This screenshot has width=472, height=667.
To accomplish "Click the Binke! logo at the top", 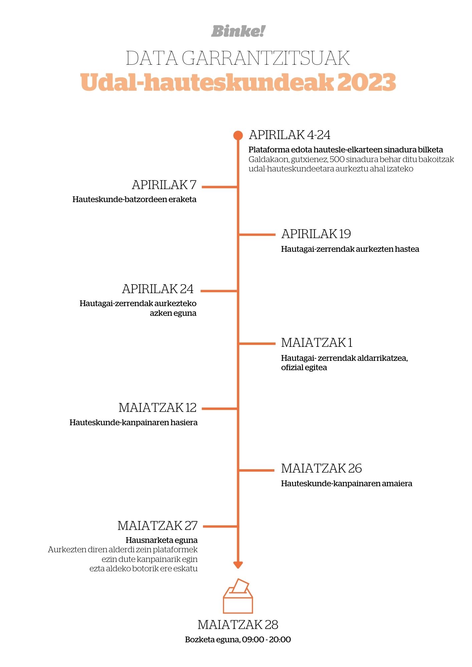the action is (238, 31).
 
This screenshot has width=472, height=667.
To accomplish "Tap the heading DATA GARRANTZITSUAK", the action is (238, 58).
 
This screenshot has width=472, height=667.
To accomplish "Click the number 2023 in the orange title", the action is (367, 82).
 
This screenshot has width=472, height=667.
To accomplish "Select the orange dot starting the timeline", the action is (238, 135).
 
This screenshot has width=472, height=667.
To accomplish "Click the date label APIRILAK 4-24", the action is (289, 135).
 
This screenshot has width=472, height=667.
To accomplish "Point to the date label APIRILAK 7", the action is (164, 185).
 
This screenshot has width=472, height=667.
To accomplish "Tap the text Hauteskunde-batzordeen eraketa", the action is (135, 199).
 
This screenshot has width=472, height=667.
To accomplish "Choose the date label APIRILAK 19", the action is (316, 234).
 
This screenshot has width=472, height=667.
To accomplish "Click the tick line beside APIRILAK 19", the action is (257, 235).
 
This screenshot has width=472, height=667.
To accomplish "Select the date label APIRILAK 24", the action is (158, 289).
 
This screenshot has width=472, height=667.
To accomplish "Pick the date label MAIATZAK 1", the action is (317, 343).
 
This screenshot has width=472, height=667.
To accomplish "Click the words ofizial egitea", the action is (304, 368).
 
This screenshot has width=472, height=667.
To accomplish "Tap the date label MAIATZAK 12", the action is (158, 408).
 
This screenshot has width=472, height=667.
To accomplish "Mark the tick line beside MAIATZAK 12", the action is (219, 409).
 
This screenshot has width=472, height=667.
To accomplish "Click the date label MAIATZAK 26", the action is (321, 469).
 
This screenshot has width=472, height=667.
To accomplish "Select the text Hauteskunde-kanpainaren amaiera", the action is (347, 484).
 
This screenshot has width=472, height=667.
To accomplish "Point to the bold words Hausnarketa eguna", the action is (162, 540).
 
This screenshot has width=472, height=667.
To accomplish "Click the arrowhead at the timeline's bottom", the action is (238, 565).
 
